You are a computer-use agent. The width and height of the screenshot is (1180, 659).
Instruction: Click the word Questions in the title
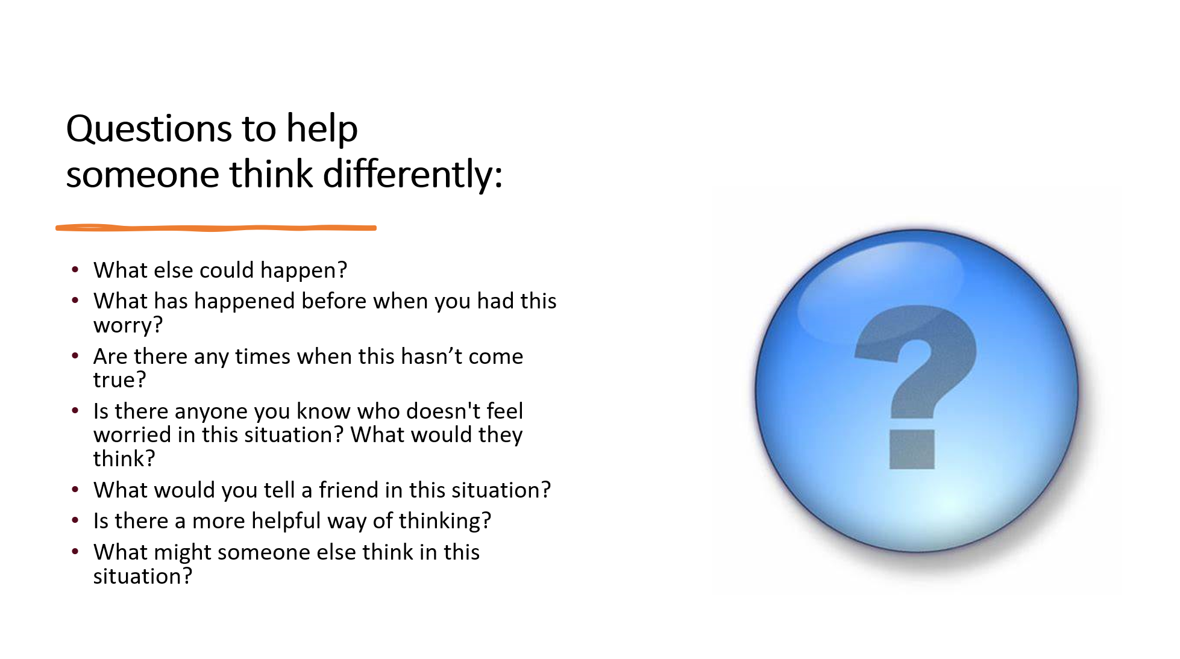click(149, 129)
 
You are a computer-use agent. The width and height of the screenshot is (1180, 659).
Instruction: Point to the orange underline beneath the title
click(216, 228)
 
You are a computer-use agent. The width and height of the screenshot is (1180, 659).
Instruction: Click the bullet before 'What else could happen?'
click(75, 269)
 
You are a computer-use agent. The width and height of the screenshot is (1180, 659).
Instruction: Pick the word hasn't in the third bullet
click(432, 356)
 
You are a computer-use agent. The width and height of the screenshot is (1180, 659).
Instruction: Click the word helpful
click(286, 521)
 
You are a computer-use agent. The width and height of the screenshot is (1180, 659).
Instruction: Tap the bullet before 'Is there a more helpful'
click(75, 520)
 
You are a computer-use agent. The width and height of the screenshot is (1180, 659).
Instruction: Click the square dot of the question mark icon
click(912, 449)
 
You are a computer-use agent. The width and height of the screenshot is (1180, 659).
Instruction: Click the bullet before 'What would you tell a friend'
click(75, 489)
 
